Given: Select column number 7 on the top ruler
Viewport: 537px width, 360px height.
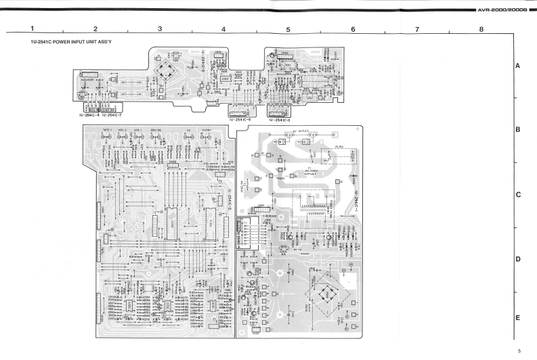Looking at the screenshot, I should point(417,29).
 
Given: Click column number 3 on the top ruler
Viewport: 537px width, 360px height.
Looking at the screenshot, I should point(160,29).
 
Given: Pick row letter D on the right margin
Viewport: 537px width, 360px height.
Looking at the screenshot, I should point(517,260).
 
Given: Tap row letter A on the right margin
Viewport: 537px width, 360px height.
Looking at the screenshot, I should point(517,66).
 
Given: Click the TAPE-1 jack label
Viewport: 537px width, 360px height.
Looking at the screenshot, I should point(107,130).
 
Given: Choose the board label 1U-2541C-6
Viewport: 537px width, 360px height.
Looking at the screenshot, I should point(240,120).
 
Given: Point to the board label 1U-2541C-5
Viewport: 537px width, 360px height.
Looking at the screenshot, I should point(279,120).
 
